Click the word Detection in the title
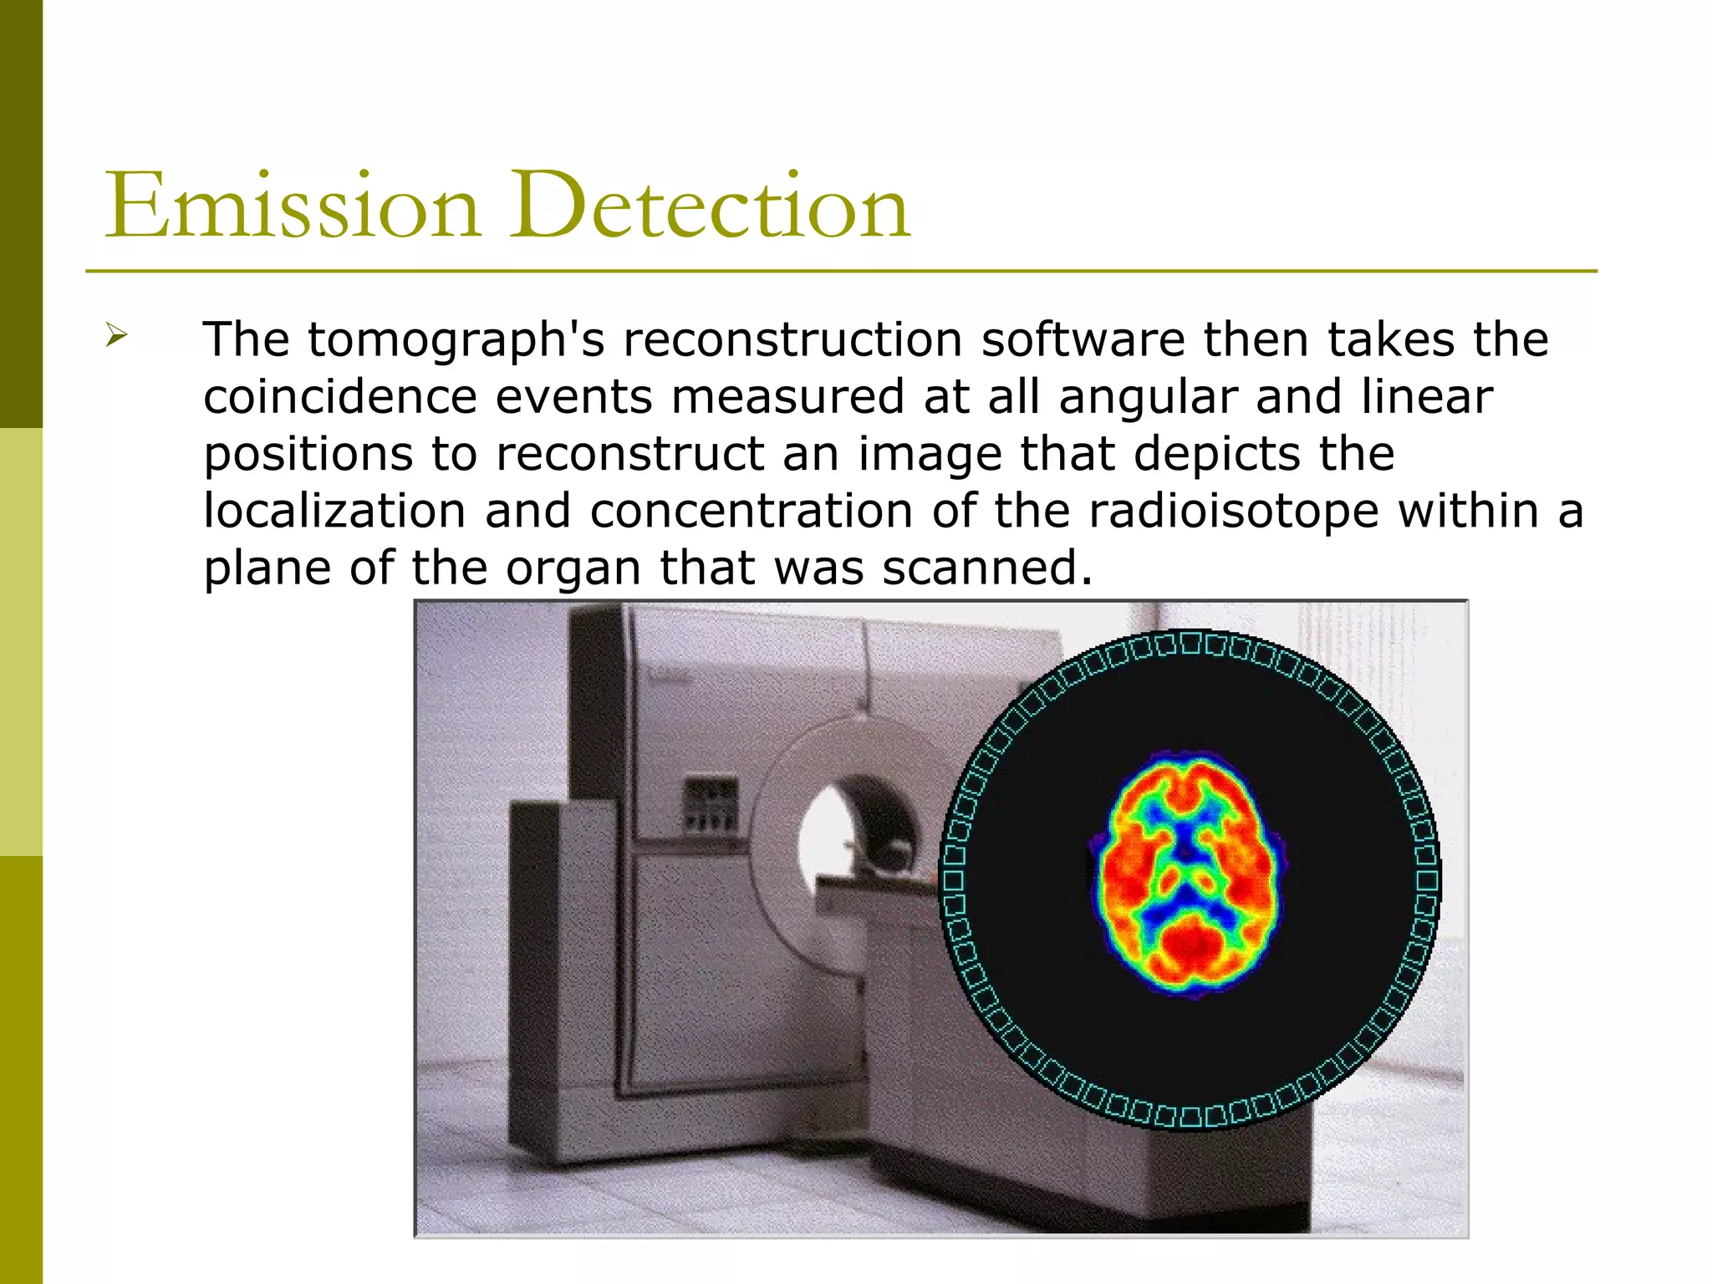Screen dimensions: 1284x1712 coord(711,206)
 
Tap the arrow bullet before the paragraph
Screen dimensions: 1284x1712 coord(116,337)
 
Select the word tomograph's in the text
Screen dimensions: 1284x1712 coord(456,340)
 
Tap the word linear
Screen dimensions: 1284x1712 coord(1426,396)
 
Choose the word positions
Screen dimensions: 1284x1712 coord(308,454)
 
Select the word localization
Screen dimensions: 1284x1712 coord(334,511)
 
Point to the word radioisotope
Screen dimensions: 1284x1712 coord(1233,511)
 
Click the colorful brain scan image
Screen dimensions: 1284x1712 coord(1189,874)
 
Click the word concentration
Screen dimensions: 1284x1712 coord(751,511)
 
